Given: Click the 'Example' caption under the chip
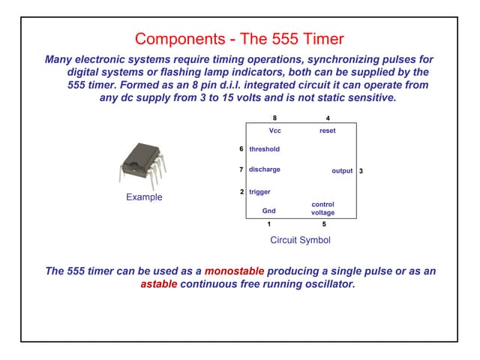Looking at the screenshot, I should click(x=144, y=197).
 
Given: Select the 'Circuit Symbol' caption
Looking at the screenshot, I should click(x=300, y=240).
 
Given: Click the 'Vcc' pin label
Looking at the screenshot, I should click(x=274, y=130).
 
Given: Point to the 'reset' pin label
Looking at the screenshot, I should click(x=327, y=130).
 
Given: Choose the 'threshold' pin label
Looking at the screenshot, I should click(x=264, y=149).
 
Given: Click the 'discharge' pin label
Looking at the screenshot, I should click(x=264, y=169).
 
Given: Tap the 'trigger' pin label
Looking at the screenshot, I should click(x=259, y=192).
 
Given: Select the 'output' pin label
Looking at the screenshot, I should click(x=342, y=171).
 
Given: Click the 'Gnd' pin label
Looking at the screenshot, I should click(x=268, y=211).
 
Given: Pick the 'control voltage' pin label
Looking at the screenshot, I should click(x=323, y=208).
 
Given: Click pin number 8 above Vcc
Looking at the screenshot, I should click(x=274, y=118).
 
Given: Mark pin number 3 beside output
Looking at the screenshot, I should click(x=361, y=171).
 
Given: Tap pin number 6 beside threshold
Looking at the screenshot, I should click(x=241, y=149).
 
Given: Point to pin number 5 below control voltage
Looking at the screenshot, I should click(x=323, y=223).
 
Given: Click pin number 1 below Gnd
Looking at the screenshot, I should click(x=268, y=223).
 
